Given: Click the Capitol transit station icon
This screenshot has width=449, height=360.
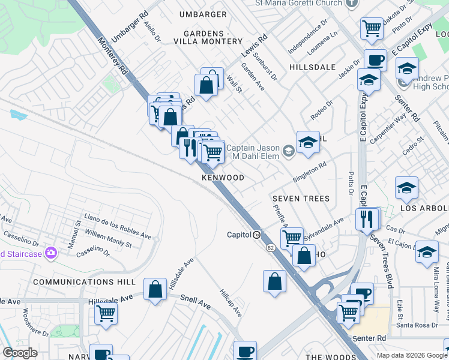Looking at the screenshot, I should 256,235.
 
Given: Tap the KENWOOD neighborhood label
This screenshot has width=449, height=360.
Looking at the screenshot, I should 223,178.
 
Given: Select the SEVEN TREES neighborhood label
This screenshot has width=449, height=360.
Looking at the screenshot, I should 301,199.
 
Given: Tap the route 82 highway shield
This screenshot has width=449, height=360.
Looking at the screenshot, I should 270,247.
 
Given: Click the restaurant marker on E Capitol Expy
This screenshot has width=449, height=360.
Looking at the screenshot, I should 368,218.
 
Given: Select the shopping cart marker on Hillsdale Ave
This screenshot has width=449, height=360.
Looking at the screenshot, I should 106,312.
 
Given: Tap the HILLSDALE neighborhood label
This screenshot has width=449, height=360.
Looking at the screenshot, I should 312,67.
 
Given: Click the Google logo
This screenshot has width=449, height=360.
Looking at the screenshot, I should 20,353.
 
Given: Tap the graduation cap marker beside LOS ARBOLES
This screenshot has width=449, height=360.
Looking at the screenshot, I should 407,188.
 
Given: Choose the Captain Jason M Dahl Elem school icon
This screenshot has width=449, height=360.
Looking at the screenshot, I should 289,149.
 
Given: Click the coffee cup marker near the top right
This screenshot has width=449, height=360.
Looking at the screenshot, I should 375,60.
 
